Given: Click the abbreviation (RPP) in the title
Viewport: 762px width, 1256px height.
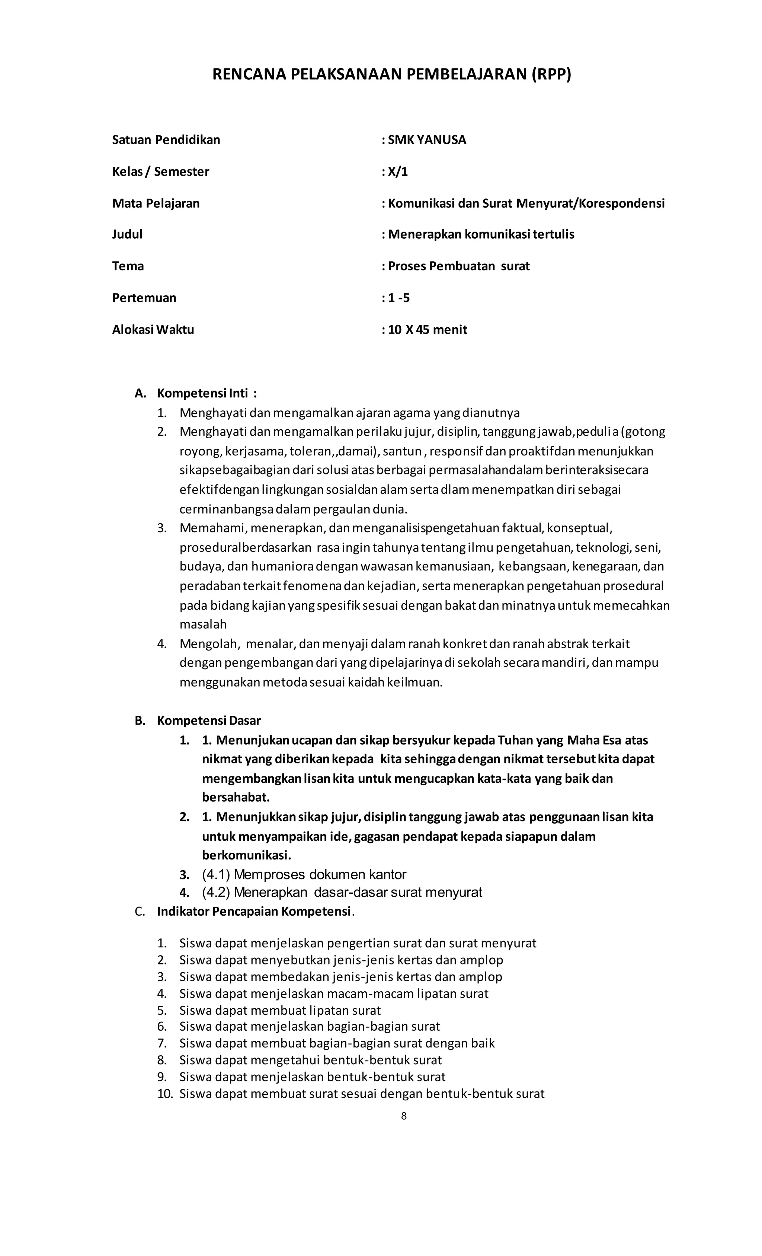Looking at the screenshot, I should [x=551, y=74].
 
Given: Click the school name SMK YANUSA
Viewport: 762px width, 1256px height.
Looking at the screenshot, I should [x=426, y=140].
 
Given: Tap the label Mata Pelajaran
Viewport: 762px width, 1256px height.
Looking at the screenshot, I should [x=156, y=203].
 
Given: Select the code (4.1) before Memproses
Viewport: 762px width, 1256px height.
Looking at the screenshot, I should [x=216, y=875].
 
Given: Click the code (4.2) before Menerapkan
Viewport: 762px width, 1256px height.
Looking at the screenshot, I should [x=216, y=892].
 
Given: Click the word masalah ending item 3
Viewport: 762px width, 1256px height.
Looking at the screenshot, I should [x=203, y=624].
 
